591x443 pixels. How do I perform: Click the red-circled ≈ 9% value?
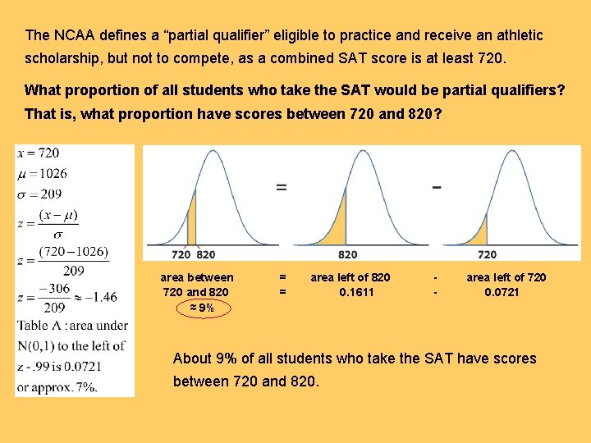(x=197, y=308)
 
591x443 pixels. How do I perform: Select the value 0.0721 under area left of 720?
(x=502, y=292)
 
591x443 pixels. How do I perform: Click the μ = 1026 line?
(x=42, y=173)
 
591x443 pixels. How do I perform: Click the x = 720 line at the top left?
(x=39, y=153)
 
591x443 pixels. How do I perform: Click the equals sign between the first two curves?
(x=282, y=186)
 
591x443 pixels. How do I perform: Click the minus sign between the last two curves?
(x=436, y=186)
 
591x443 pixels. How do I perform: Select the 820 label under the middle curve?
(x=347, y=254)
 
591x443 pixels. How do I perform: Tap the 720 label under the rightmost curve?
(x=487, y=254)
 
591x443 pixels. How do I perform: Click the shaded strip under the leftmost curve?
(x=192, y=230)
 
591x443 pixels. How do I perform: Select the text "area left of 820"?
(x=350, y=277)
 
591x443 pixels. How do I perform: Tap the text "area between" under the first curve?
(x=197, y=277)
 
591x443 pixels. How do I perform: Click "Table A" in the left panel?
(x=37, y=327)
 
